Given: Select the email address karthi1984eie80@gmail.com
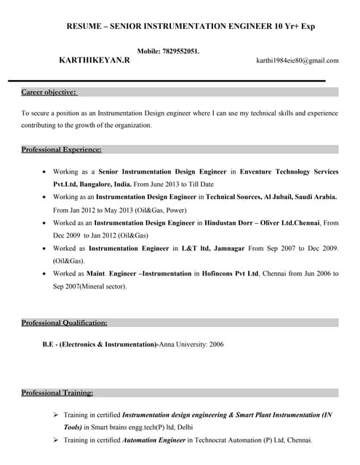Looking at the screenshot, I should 297,60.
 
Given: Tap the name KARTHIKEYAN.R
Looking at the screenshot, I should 95,60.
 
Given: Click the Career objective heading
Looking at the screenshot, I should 49,92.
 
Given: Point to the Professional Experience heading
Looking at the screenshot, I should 61,149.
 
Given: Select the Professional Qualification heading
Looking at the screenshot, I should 64,322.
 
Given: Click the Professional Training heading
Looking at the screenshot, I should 57,393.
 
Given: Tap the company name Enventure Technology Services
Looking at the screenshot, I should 289,172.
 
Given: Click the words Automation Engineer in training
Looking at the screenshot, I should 154,440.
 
